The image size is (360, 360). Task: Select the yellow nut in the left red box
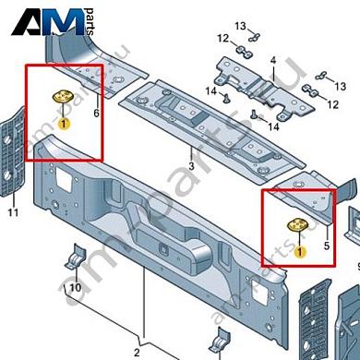tap(64, 100)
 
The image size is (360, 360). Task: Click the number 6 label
tap(95, 114)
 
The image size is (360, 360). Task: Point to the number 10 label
tap(75, 289)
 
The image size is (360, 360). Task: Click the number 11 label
tap(12, 213)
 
